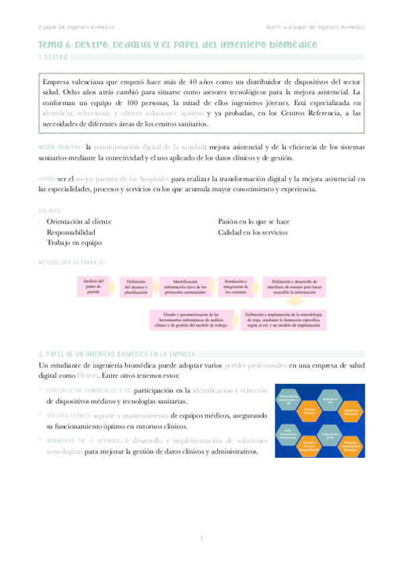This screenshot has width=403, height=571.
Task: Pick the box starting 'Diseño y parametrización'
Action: tap(192, 318)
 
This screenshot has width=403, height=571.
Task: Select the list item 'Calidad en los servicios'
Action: tap(252, 232)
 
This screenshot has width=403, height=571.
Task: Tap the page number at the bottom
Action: tap(201, 539)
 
